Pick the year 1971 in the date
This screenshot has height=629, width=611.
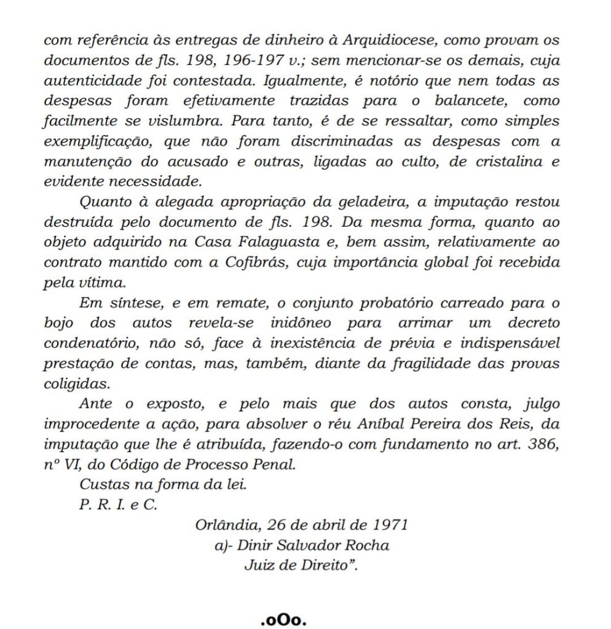click(x=391, y=525)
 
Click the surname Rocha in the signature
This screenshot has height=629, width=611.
click(x=368, y=545)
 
